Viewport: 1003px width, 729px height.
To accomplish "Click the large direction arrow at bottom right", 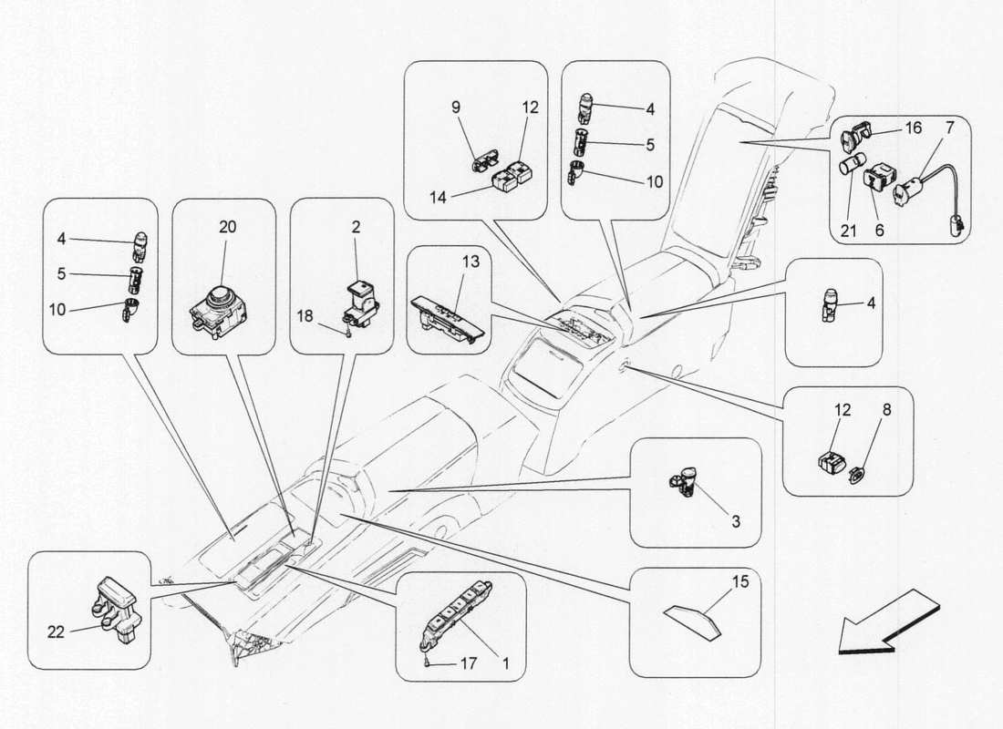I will pyautogui.click(x=887, y=621).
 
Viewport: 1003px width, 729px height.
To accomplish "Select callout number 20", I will pyautogui.click(x=226, y=227).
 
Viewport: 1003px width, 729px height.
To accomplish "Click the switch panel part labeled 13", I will pyautogui.click(x=447, y=320).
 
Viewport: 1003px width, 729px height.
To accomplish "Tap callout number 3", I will pyautogui.click(x=735, y=522).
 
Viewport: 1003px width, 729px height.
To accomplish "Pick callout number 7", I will pyautogui.click(x=949, y=128).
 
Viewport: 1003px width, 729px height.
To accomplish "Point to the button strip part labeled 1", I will pyautogui.click(x=461, y=611).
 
